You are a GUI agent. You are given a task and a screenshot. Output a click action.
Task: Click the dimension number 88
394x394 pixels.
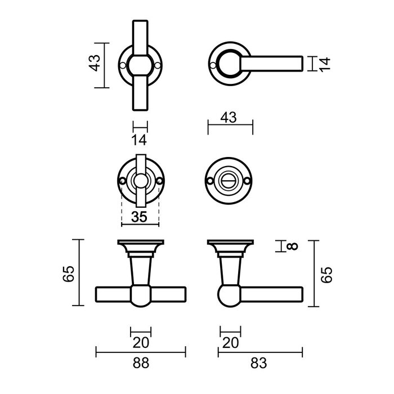141,363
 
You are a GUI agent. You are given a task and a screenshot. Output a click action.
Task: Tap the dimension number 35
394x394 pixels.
141,217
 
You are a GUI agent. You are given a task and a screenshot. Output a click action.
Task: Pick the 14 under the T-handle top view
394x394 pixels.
140,139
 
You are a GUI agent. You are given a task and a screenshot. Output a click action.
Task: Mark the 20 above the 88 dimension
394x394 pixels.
140,342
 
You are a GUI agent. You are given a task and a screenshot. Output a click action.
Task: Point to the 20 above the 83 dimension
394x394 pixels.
230,342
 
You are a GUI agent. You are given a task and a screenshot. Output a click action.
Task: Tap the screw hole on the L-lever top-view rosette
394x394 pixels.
212,65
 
